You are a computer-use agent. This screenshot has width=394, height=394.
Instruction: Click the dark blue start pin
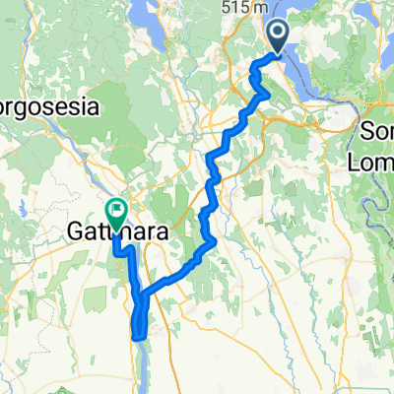tap(277, 37)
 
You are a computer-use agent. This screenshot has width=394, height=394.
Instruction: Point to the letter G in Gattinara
tap(76, 231)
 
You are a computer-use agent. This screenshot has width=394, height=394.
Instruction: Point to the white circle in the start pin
tap(277, 33)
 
